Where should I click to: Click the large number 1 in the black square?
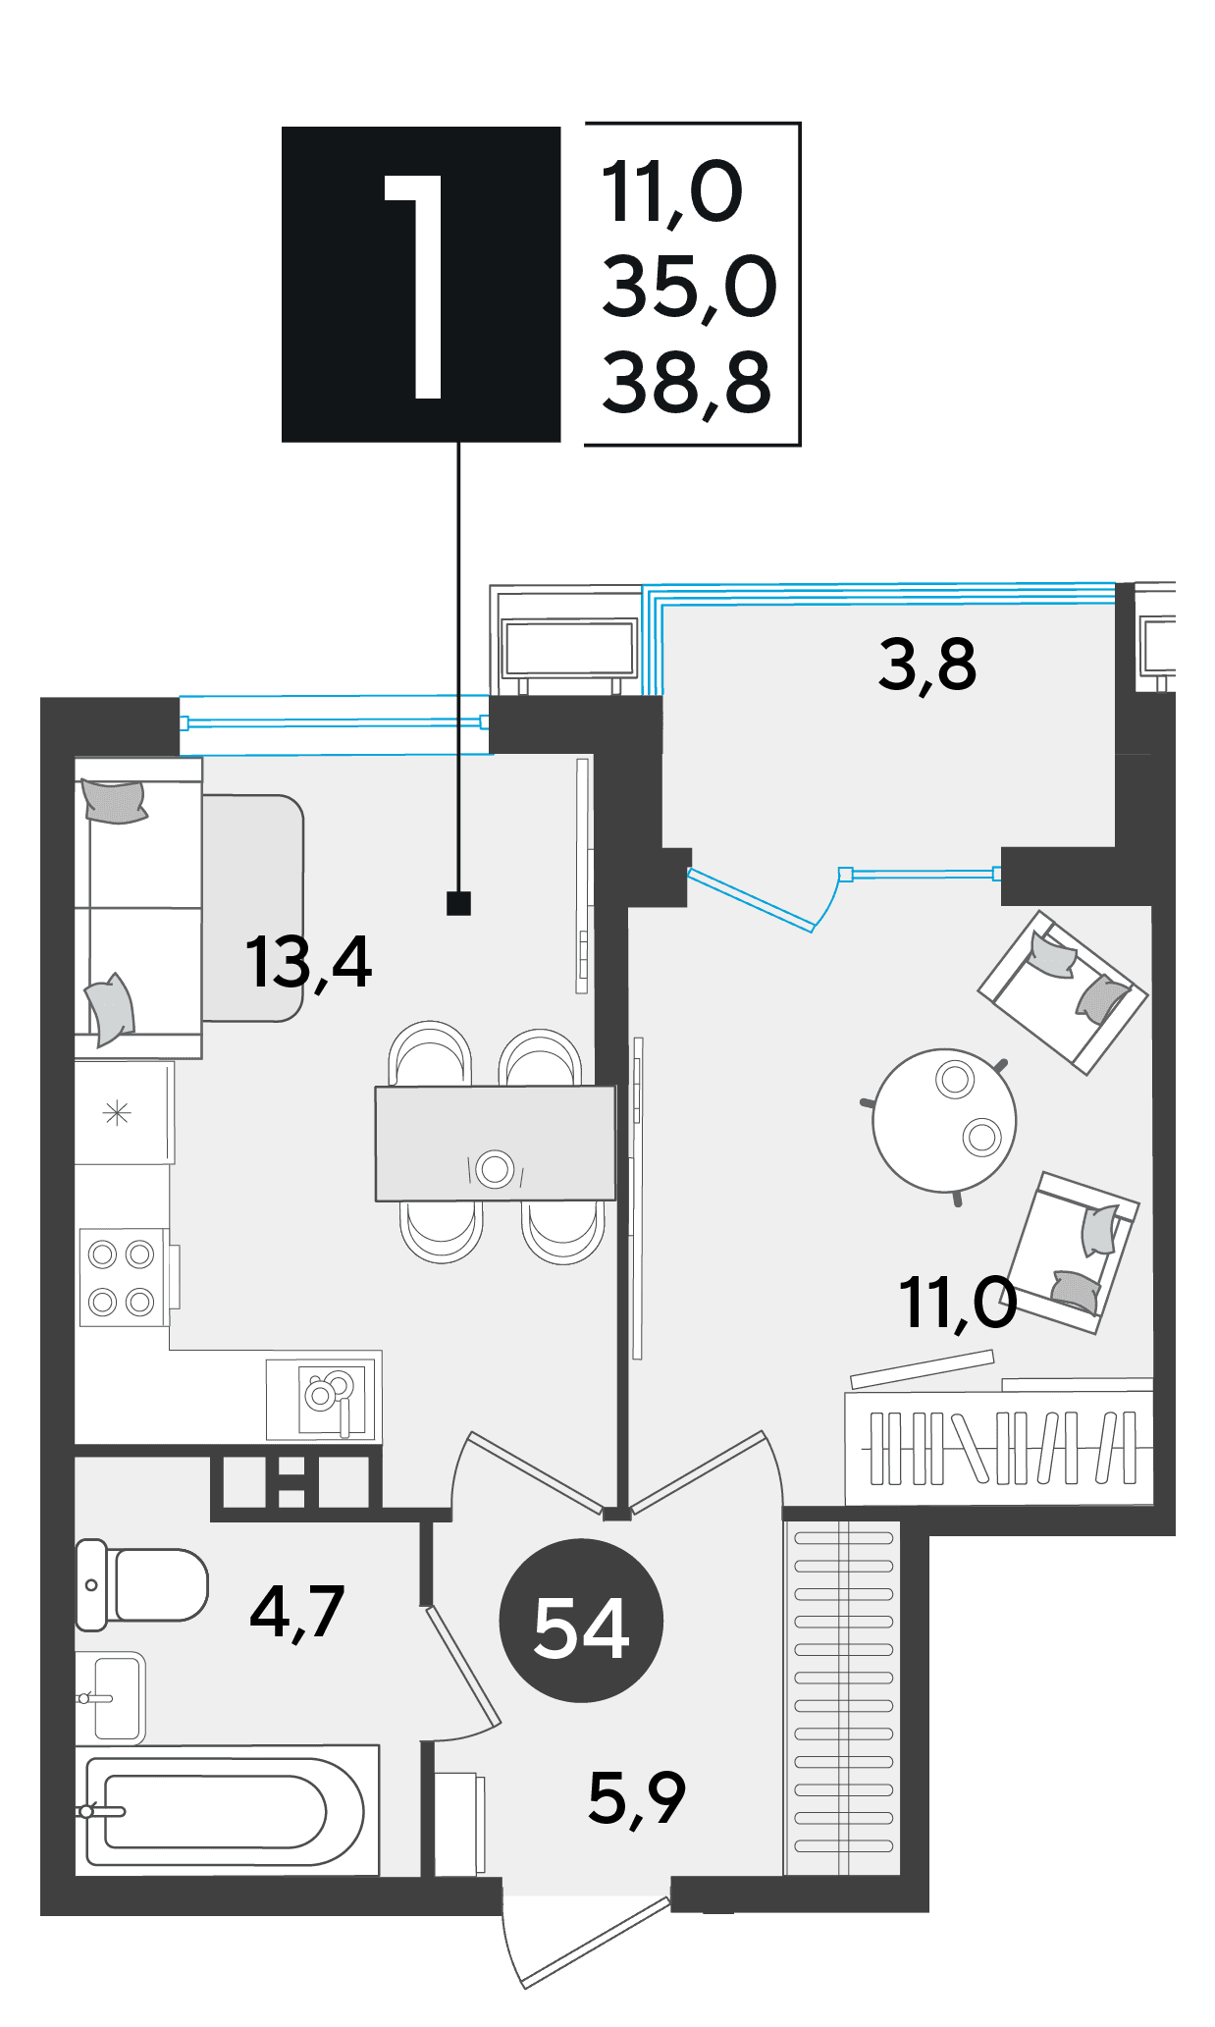(x=417, y=287)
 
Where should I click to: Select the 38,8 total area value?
(x=687, y=384)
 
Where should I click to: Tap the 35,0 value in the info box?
(x=689, y=287)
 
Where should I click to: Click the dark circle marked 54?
(x=581, y=1621)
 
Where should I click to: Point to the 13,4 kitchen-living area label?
(x=308, y=962)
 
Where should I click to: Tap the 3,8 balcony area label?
(x=927, y=665)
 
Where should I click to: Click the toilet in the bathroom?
(x=142, y=1584)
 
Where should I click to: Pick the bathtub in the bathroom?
(x=227, y=1810)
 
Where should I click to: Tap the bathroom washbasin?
(x=111, y=1697)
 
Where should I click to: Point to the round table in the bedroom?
(x=944, y=1120)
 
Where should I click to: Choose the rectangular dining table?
(x=495, y=1143)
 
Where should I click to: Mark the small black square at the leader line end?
(x=458, y=903)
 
